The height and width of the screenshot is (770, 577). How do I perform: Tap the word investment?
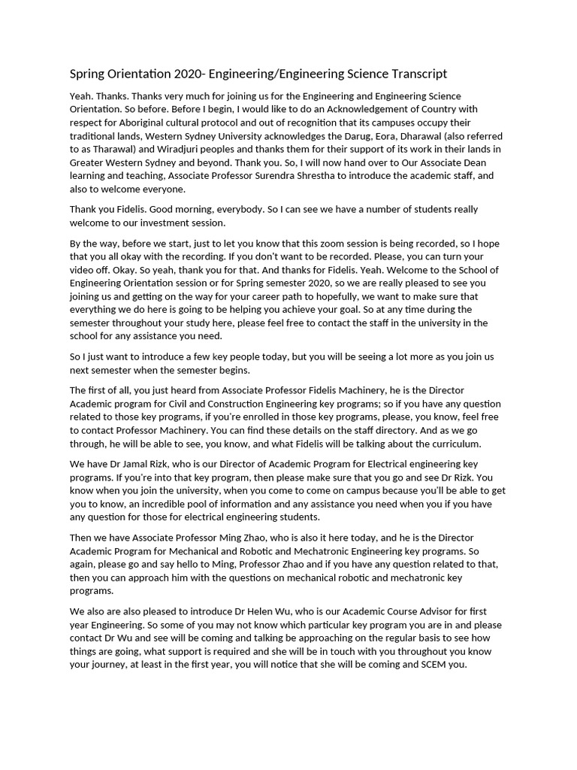189,223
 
